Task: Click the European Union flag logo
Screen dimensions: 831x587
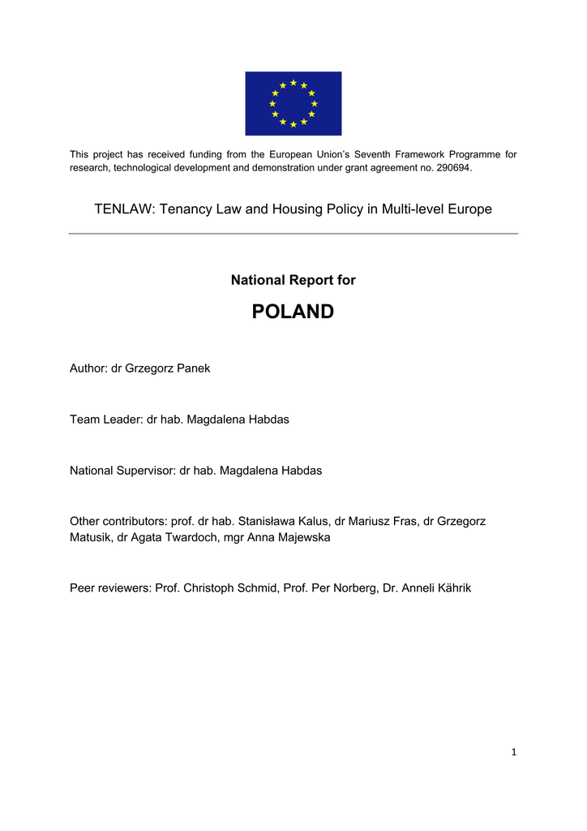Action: click(293, 103)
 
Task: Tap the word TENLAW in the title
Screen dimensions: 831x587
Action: click(124, 209)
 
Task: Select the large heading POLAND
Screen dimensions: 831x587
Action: click(293, 312)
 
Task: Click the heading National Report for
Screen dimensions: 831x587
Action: click(293, 280)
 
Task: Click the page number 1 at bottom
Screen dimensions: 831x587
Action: click(513, 752)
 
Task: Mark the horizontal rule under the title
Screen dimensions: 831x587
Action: click(293, 234)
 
